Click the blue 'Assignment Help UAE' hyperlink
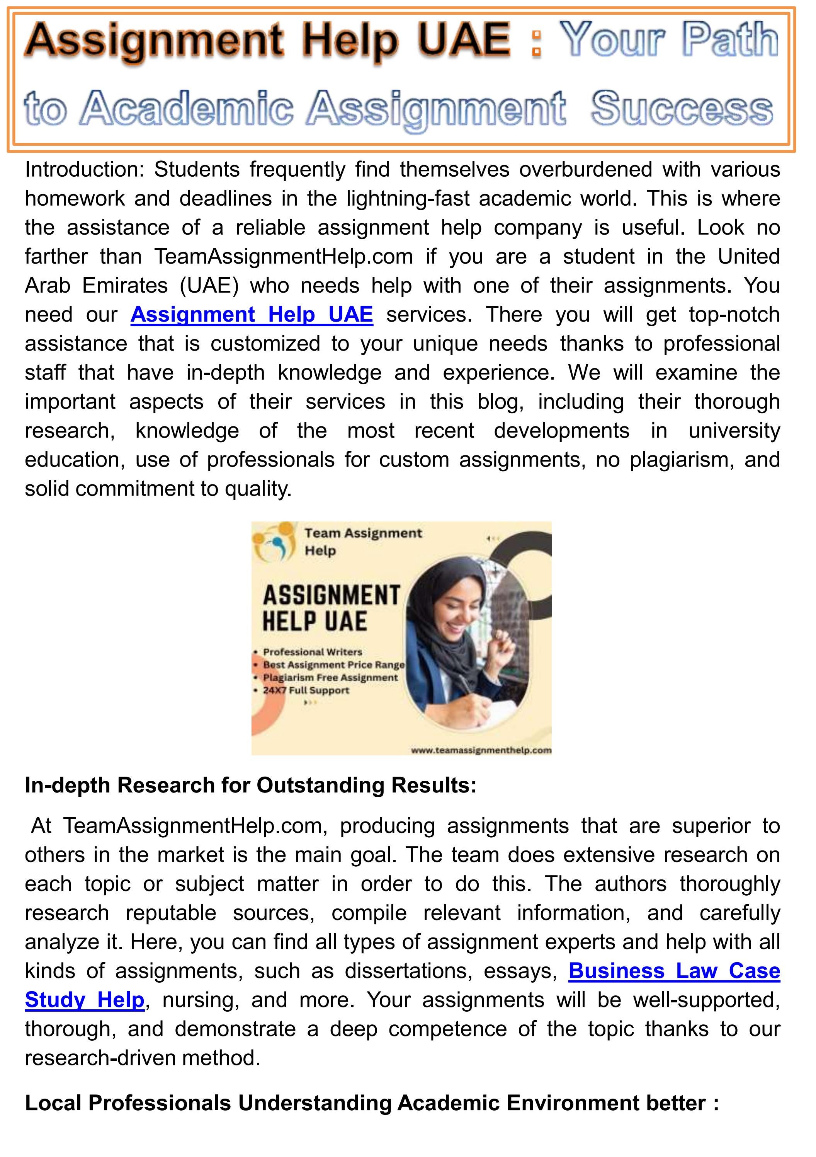[x=252, y=314]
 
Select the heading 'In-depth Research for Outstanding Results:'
[x=250, y=785]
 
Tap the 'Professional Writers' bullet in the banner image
[x=312, y=652]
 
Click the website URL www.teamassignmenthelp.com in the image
[x=481, y=750]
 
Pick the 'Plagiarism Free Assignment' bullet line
[x=330, y=678]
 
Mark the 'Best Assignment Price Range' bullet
[x=333, y=665]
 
